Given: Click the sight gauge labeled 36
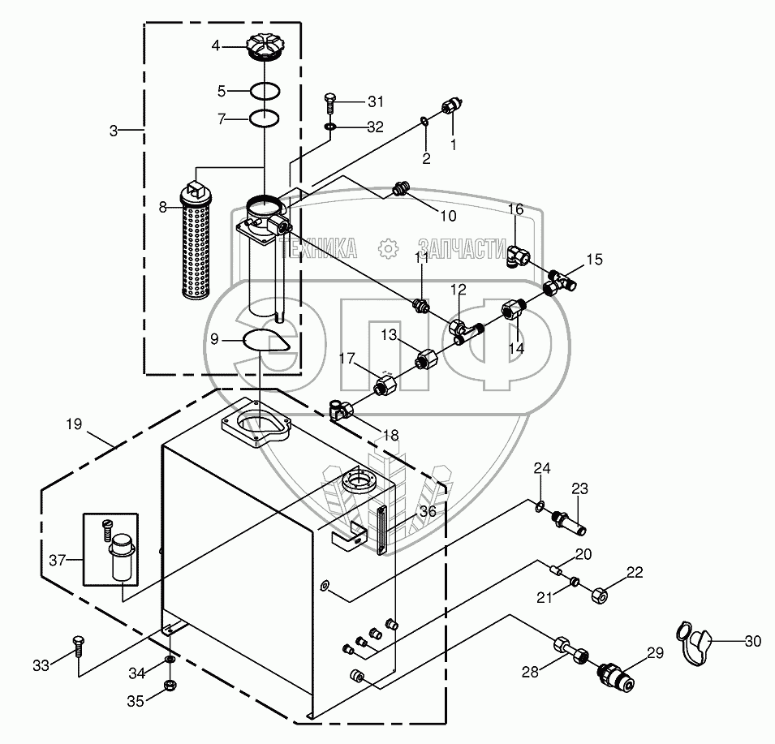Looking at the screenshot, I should click(381, 531).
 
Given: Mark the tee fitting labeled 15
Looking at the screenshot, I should click(562, 281).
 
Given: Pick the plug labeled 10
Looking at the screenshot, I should click(399, 190).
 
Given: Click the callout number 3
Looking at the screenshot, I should click(114, 130).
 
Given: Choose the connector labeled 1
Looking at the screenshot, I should click(451, 108).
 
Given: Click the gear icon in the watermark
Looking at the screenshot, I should click(388, 247).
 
